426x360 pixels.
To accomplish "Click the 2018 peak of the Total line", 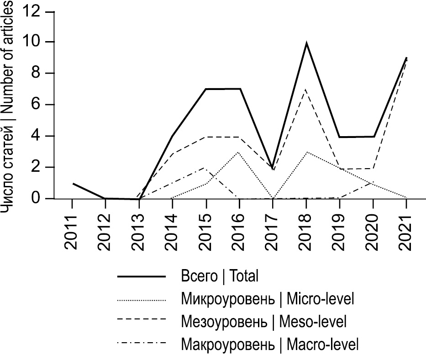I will click(x=306, y=43).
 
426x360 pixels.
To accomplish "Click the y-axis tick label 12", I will click(x=32, y=11).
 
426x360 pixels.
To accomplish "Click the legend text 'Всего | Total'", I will click(x=220, y=276).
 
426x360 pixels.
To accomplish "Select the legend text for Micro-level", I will click(x=268, y=299).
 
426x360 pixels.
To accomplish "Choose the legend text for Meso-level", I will click(x=264, y=321).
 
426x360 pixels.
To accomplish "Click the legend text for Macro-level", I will click(x=270, y=343).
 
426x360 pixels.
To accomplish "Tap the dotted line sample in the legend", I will click(x=141, y=300).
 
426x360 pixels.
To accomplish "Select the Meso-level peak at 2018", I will click(x=306, y=90).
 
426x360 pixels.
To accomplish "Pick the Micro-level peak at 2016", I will click(x=239, y=152).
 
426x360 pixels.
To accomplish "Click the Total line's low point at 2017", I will click(x=273, y=168).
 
